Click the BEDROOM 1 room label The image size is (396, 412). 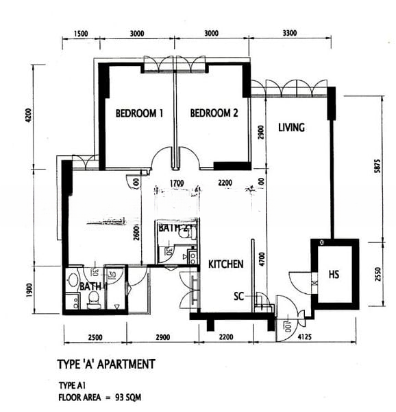tap(139, 113)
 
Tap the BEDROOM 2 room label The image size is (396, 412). tap(214, 113)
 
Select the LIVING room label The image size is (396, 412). tap(291, 128)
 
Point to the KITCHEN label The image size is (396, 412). tap(226, 264)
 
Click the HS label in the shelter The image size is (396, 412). tap(334, 274)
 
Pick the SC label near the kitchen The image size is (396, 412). tap(239, 296)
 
